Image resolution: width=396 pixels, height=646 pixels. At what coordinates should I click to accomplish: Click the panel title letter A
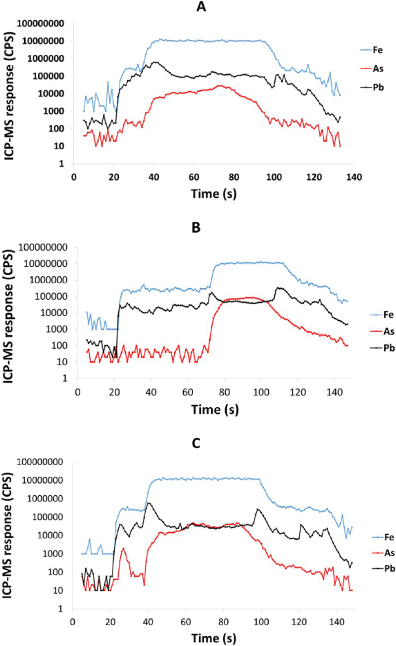201,6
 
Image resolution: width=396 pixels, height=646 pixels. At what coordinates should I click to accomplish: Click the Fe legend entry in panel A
371,50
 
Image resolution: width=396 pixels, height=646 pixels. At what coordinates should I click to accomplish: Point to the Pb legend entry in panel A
372,87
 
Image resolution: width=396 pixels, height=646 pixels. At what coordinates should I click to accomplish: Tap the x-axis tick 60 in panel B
188,392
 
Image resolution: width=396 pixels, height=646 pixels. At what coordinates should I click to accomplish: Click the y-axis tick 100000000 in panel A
41,23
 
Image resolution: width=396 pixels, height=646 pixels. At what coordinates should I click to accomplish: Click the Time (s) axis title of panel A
214,194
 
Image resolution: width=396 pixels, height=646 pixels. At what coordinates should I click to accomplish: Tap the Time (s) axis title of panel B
215,410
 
